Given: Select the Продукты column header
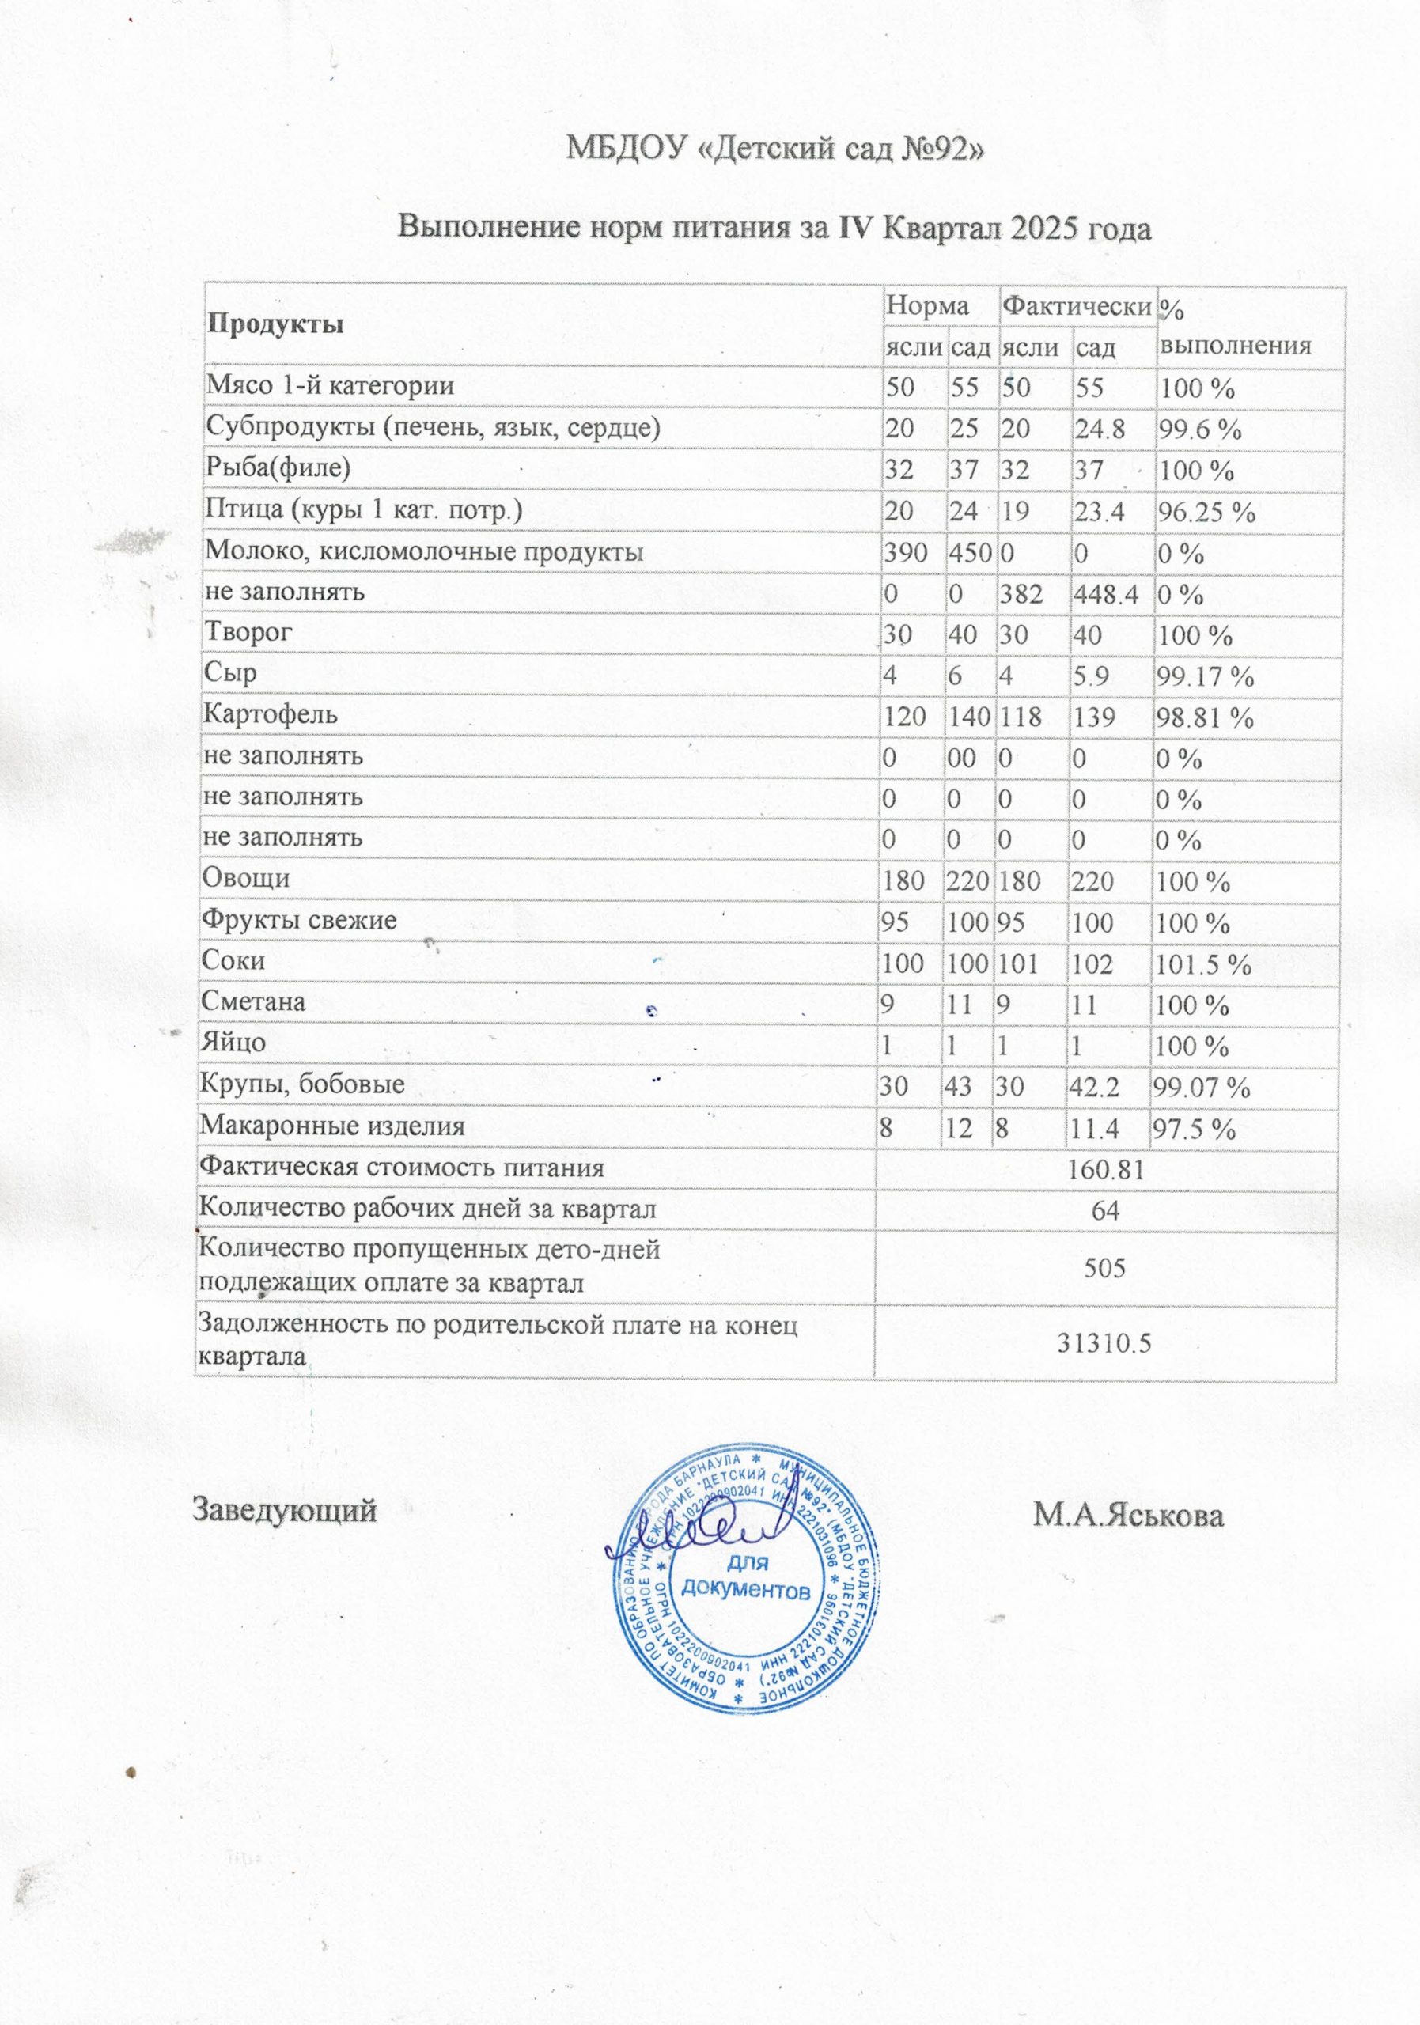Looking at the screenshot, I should click(275, 324).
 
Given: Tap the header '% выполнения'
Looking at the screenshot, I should click(1234, 327).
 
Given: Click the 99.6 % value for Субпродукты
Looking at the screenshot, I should click(1199, 430).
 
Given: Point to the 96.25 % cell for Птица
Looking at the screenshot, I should click(1206, 513).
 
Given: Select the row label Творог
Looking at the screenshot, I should click(248, 632).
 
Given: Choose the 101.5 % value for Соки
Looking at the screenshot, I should click(1202, 964).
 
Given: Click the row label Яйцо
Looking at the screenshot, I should click(233, 1043).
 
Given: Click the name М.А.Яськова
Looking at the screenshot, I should click(1129, 1518).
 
